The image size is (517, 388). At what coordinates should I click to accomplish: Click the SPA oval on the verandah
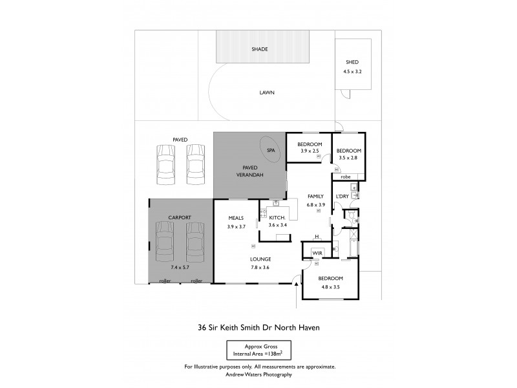pyautogui.click(x=269, y=149)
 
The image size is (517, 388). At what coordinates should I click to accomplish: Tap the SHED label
pyautogui.click(x=352, y=62)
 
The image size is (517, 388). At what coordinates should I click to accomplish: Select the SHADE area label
pyautogui.click(x=260, y=49)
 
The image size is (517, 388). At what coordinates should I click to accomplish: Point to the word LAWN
pyautogui.click(x=267, y=92)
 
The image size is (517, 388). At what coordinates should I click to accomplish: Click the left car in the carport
pyautogui.click(x=164, y=240)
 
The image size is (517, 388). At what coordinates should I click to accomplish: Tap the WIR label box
pyautogui.click(x=317, y=253)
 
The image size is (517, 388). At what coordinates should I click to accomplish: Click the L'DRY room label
pyautogui.click(x=342, y=196)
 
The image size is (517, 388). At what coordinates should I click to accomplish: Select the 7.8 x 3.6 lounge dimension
pyautogui.click(x=261, y=267)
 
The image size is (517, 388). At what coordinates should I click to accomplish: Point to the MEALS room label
pyautogui.click(x=237, y=218)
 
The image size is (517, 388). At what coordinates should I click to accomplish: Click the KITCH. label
pyautogui.click(x=278, y=218)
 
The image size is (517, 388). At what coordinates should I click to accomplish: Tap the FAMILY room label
pyautogui.click(x=315, y=196)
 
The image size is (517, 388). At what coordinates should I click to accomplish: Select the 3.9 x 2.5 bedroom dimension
pyautogui.click(x=310, y=151)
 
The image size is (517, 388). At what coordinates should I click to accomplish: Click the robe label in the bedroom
pyautogui.click(x=346, y=176)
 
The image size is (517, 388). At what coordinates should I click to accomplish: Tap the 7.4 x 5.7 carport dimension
pyautogui.click(x=180, y=267)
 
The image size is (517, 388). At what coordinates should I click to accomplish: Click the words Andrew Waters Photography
pyautogui.click(x=259, y=374)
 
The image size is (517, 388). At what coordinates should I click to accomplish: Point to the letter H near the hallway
pyautogui.click(x=317, y=237)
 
